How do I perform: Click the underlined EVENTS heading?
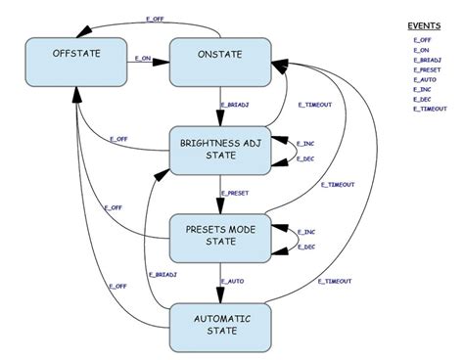pos(425,25)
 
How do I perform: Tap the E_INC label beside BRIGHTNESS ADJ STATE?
pos(305,142)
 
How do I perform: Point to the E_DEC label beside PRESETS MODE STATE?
pos(305,247)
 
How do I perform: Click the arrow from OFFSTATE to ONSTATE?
pos(147,66)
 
